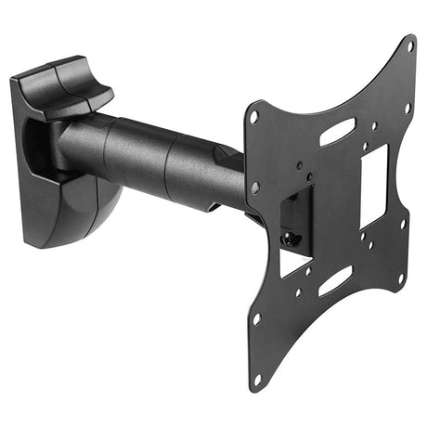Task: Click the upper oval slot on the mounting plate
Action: click(x=335, y=131)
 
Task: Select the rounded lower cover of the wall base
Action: click(x=88, y=209)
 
